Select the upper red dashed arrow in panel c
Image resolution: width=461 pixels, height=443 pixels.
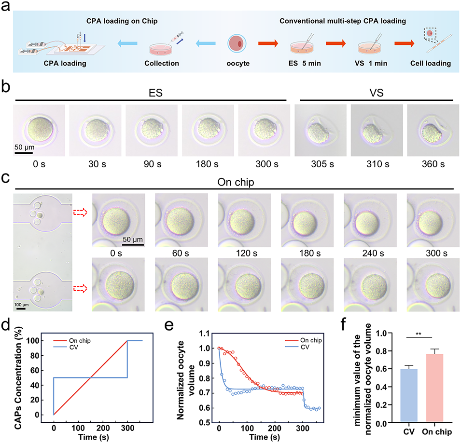click(81, 213)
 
